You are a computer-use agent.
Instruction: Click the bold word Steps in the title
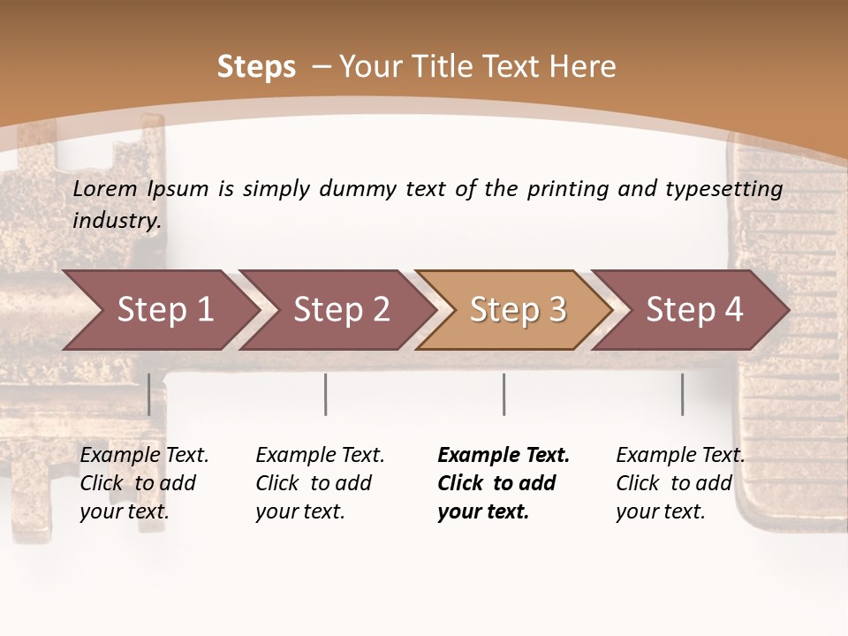[256, 67]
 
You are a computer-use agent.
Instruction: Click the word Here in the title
[583, 67]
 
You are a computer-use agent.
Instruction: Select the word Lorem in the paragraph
[105, 188]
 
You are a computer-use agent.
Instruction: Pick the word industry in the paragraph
[117, 220]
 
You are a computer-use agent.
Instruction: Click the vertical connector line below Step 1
[149, 394]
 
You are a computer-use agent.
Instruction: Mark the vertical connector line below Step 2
[326, 394]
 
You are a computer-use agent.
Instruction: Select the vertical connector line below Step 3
[503, 394]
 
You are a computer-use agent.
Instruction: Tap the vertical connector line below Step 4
[682, 394]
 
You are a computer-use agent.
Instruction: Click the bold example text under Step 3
[503, 483]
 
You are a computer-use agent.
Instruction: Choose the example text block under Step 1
[144, 483]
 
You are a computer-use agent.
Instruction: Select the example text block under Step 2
[320, 483]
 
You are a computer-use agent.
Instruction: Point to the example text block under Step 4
[680, 483]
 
